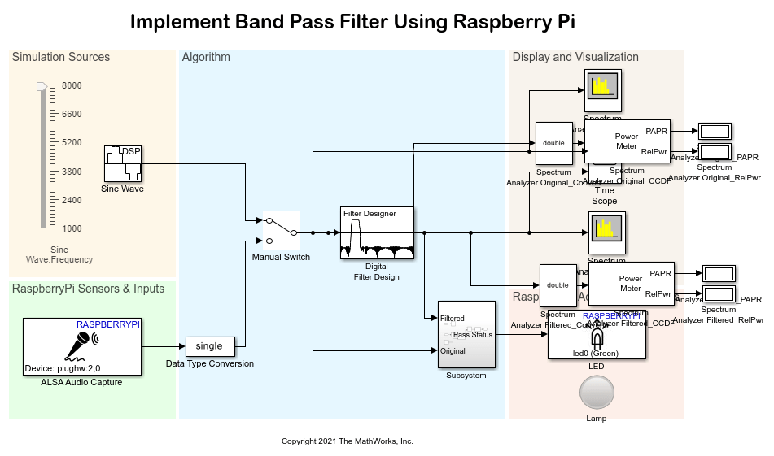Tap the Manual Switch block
281,231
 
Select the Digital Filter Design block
377,233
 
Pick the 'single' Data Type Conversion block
209,346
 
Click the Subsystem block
466,334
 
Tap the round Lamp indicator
597,393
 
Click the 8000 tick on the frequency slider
72,85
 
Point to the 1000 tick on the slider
72,228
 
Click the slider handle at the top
42,85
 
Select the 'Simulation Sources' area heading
61,57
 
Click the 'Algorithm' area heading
206,57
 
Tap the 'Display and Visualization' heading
575,57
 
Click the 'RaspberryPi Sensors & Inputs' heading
88,289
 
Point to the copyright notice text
348,441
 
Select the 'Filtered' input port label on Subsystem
453,319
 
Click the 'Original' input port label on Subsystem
453,351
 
